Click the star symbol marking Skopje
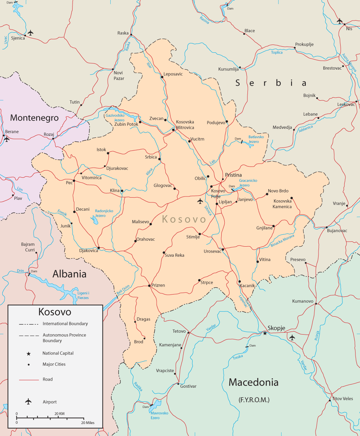click(265, 333)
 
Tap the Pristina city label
click(233, 175)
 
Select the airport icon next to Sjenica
click(31, 33)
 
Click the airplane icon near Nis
click(339, 21)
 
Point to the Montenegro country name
click(34, 118)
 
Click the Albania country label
click(70, 274)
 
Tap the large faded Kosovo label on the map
click(184, 219)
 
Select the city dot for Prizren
click(149, 286)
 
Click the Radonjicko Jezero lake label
click(104, 213)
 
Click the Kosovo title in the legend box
click(55, 312)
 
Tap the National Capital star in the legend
click(28, 354)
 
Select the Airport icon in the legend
click(28, 402)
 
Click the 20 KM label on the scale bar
click(59, 414)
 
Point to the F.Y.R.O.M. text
click(254, 400)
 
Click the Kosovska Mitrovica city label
click(185, 125)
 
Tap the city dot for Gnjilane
click(274, 226)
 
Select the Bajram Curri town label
click(28, 247)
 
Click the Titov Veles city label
click(343, 399)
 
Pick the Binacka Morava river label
click(282, 241)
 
